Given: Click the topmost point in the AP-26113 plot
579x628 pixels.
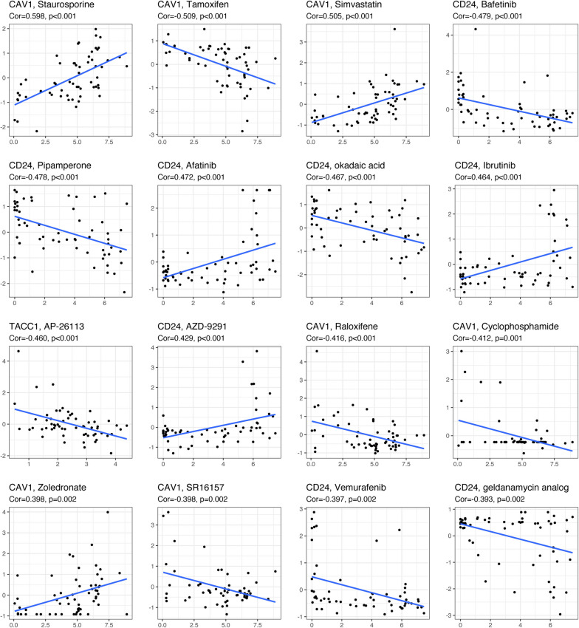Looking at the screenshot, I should pos(18,351).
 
